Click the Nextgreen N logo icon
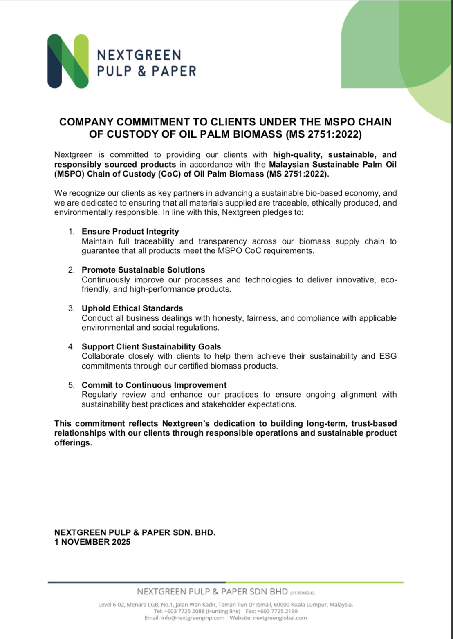(68, 61)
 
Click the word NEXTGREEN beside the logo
(139, 55)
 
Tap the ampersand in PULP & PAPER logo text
(142, 71)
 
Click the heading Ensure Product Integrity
(130, 232)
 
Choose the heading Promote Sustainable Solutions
(143, 270)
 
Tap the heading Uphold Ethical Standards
(132, 308)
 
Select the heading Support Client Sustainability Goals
(151, 347)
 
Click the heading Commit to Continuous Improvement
(154, 385)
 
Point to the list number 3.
(71, 308)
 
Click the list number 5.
(71, 385)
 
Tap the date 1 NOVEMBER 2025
(92, 542)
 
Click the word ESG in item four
(388, 356)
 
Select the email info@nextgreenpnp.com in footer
(193, 618)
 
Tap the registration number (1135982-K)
(302, 593)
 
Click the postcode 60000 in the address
(282, 605)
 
